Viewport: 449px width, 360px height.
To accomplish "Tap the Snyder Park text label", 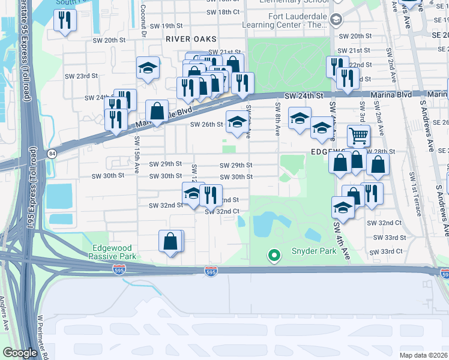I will point(314,251).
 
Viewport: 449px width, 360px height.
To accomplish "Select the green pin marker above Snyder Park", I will point(274,256).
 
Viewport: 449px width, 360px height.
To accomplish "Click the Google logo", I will point(20,353).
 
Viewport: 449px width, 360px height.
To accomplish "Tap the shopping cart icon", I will point(358,136).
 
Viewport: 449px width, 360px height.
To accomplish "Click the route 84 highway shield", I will point(52,154).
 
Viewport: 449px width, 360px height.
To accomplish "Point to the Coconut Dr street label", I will point(143,21).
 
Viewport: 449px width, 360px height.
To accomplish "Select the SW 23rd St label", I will point(82,76).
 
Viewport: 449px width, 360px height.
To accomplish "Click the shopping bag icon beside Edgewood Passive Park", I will point(171,242).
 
